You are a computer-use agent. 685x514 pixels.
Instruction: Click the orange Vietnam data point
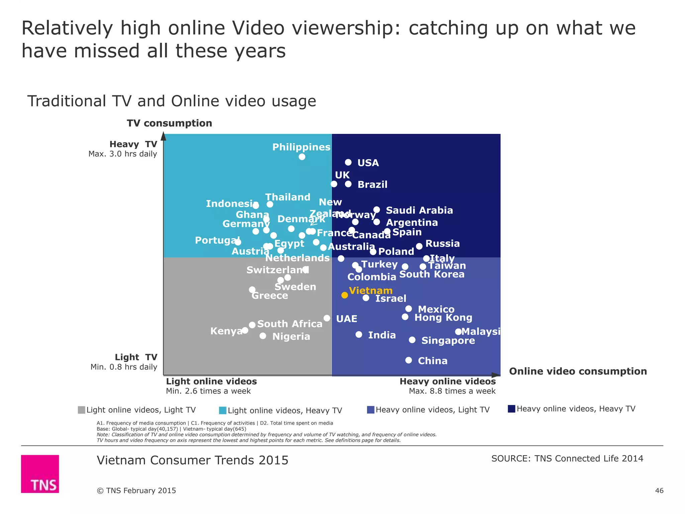(x=345, y=295)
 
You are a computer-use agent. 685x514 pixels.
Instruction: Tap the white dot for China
(x=408, y=360)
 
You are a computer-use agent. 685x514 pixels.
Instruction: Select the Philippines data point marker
(x=302, y=157)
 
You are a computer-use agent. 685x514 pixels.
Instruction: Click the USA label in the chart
(x=368, y=163)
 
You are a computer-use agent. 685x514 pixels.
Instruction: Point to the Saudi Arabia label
(x=419, y=210)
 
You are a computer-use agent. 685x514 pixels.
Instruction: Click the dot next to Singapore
(x=412, y=340)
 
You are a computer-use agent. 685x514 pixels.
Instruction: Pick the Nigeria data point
(x=263, y=336)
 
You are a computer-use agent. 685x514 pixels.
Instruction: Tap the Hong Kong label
(x=443, y=318)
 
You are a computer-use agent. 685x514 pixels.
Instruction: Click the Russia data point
(x=419, y=246)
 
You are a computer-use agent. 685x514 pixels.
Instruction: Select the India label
(x=382, y=335)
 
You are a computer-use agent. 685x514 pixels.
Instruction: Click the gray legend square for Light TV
(x=81, y=410)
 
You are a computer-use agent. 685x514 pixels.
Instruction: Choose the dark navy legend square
(x=511, y=409)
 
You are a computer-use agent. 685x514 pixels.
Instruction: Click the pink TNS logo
(x=40, y=474)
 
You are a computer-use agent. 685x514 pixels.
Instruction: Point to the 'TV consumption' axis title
(x=169, y=123)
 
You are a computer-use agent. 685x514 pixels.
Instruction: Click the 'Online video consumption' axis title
(x=578, y=371)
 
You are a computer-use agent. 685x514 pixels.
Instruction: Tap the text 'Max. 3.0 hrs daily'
(x=123, y=154)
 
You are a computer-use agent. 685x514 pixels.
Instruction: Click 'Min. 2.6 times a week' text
(x=208, y=391)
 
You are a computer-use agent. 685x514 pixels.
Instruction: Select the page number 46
(x=659, y=491)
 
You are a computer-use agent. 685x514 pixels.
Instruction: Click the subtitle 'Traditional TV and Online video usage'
(x=172, y=101)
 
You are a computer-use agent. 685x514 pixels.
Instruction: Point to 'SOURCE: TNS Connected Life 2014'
(x=567, y=458)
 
